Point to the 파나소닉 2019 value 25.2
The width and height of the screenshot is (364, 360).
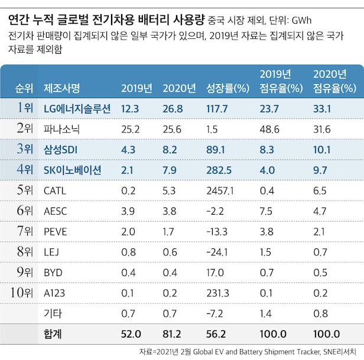pos(130,128)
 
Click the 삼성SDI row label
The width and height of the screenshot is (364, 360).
pos(61,149)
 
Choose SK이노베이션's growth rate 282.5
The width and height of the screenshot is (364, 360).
pos(217,170)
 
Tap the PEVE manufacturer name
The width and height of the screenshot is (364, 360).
pos(56,232)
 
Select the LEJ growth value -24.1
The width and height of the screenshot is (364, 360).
pos(217,252)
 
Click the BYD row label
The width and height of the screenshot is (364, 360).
pos(53,273)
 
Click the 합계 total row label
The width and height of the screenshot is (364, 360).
pos(53,334)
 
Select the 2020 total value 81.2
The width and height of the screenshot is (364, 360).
pos(172,334)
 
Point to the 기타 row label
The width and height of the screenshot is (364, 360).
pos(53,314)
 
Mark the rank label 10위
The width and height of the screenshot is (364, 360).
pos(22,293)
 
